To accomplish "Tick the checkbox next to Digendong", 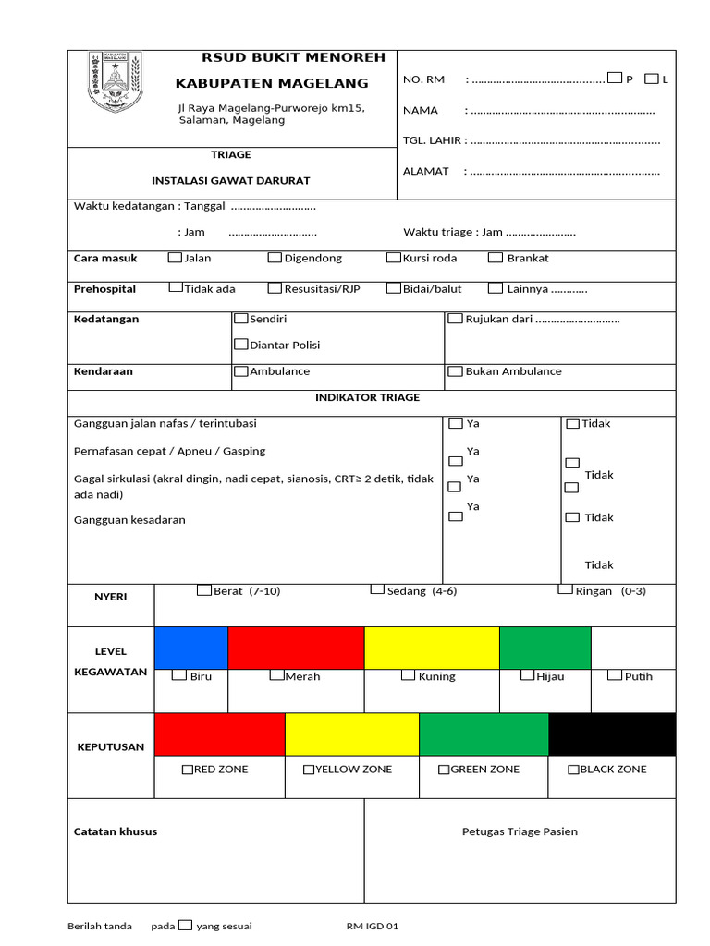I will [275, 258].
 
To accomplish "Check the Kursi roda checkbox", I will [394, 258].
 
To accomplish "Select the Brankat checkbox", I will [496, 258].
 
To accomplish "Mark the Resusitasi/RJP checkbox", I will [275, 288].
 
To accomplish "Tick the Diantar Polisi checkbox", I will [241, 345].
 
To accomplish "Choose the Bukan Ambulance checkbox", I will [456, 371].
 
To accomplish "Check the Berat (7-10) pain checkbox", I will [204, 590].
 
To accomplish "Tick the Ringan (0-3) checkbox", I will [565, 589].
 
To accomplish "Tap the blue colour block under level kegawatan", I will [191, 648].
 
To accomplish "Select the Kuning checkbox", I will [408, 675].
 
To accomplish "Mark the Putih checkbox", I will [615, 675].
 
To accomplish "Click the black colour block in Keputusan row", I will [611, 734].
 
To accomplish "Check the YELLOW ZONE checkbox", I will [309, 769].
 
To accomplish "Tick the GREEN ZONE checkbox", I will [444, 769].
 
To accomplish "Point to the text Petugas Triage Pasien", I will [520, 831].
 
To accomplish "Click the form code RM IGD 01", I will [372, 926].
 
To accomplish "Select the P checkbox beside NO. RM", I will [615, 79].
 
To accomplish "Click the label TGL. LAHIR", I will [433, 140].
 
